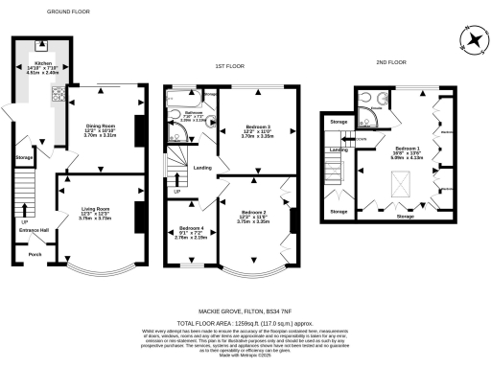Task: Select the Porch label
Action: coord(35,254)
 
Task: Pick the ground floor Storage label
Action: coord(25,156)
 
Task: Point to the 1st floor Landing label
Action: coord(202,169)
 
